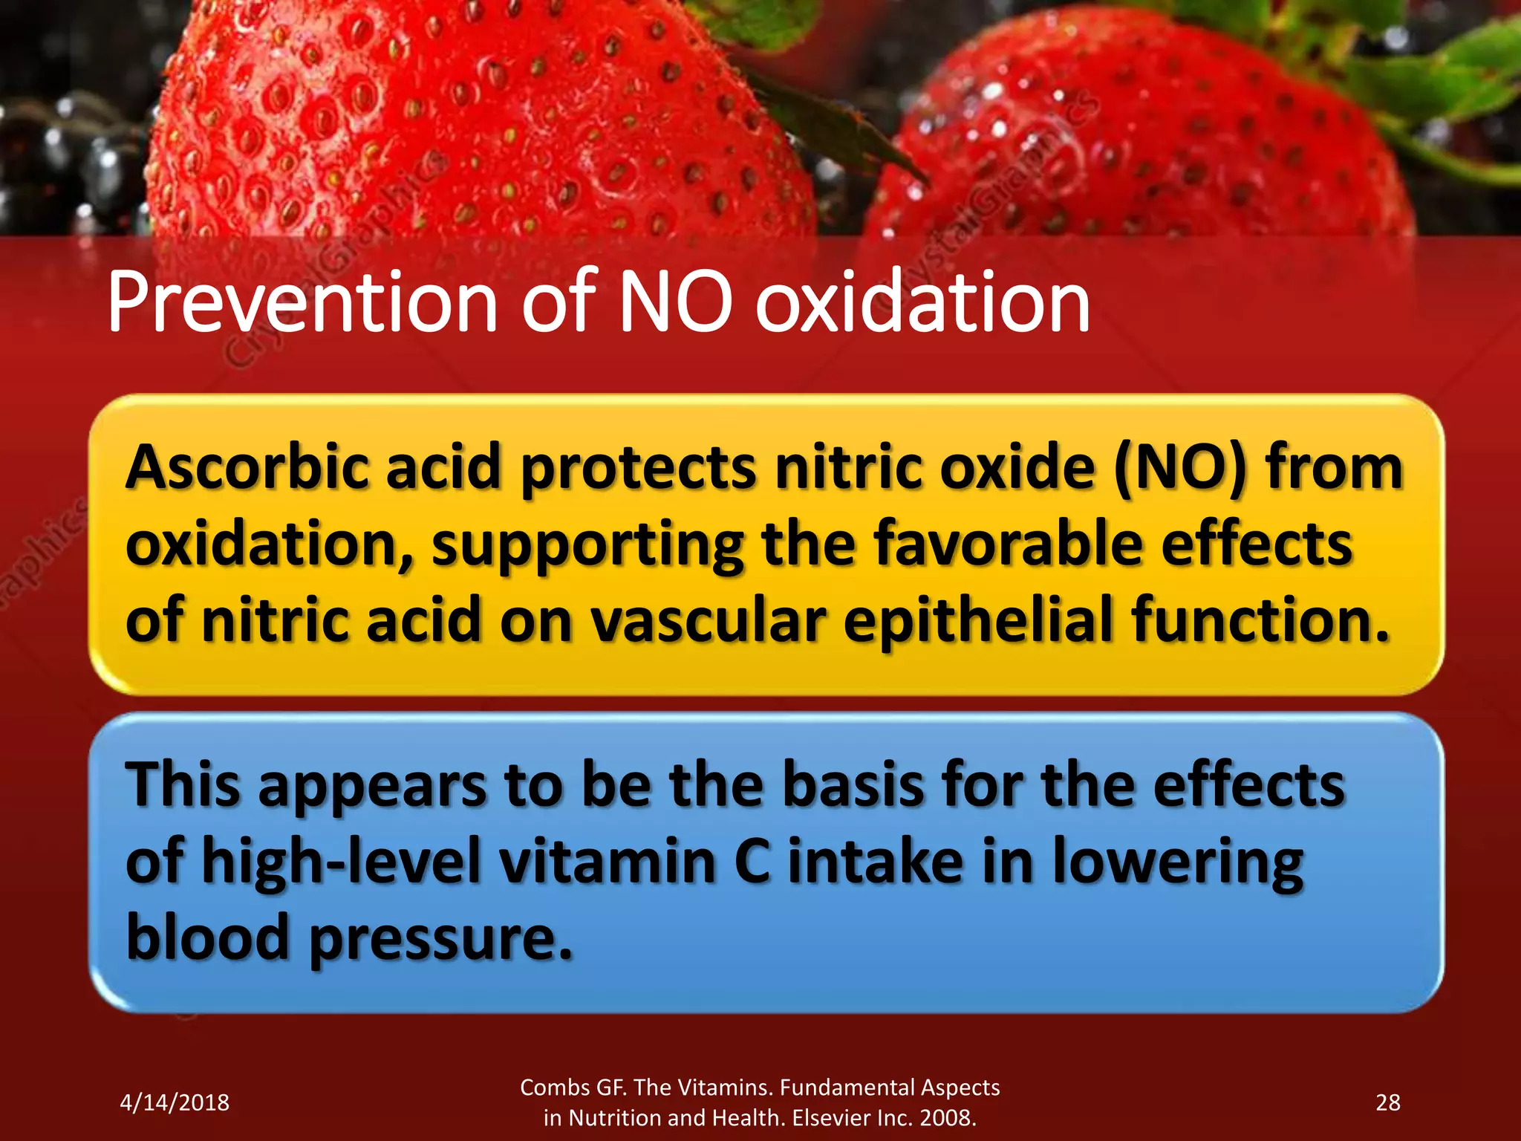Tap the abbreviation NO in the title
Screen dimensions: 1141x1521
675,303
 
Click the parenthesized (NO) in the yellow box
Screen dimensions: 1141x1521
1180,468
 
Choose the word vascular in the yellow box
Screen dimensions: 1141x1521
709,621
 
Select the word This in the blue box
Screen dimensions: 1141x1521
183,785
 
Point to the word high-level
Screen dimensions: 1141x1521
341,862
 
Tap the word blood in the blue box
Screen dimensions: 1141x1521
207,937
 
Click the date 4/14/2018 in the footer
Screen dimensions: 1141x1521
175,1102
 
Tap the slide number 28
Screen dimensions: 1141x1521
1387,1102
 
